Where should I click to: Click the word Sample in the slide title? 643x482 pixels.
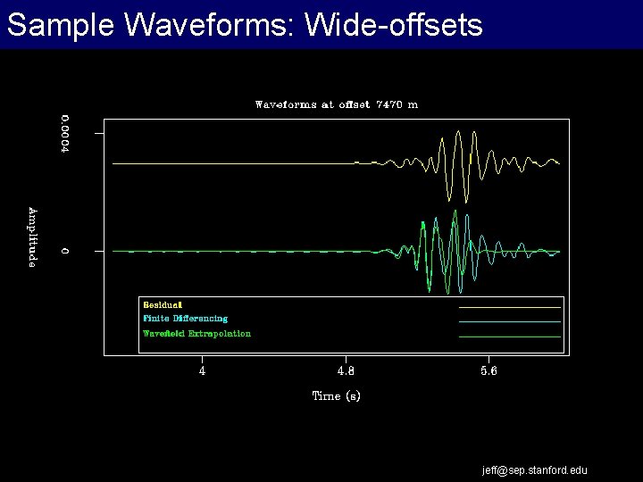point(59,25)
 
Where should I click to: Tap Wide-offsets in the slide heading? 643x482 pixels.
point(394,25)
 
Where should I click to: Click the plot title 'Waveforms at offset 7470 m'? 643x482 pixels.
point(336,104)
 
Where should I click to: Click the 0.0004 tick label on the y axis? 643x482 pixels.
point(64,134)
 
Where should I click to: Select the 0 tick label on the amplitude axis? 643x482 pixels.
point(64,251)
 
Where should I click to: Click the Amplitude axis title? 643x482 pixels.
point(32,237)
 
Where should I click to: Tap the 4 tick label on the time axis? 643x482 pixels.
point(202,371)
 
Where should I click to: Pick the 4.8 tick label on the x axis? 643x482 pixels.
point(345,371)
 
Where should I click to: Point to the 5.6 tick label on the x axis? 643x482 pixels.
point(489,371)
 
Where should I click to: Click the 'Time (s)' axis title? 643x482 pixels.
point(336,395)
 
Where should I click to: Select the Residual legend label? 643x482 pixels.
point(163,305)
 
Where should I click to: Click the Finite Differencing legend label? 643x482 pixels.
point(185,319)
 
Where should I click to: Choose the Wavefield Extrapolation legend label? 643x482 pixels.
point(196,334)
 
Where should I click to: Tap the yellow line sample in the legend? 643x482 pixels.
point(509,306)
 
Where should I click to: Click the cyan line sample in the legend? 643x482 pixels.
point(509,321)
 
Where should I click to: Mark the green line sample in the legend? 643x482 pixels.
point(509,337)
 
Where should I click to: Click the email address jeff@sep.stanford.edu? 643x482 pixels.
point(535,470)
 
